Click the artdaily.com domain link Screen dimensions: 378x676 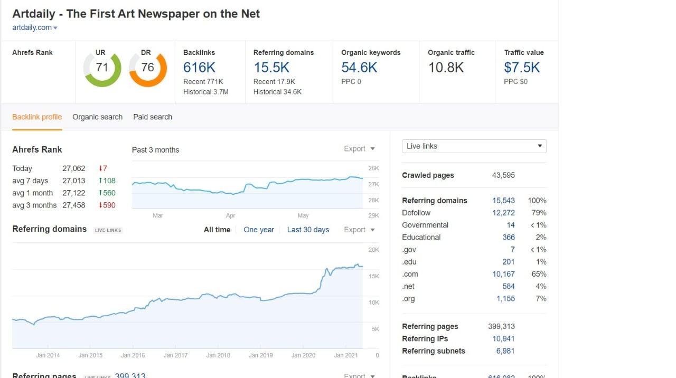click(32, 27)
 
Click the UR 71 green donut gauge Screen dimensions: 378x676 click(102, 68)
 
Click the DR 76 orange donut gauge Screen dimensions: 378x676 click(147, 68)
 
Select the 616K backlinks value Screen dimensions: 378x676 click(199, 68)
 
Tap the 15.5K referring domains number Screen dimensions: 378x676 click(271, 68)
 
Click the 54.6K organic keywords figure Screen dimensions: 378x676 click(359, 68)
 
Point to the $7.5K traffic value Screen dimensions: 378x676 click(522, 68)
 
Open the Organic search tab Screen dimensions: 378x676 click(97, 117)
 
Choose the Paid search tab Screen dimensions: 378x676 click(153, 117)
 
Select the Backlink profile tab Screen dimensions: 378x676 click(37, 117)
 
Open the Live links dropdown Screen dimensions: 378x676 click(474, 146)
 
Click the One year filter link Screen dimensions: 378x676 click(259, 230)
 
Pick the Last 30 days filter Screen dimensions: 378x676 click(308, 230)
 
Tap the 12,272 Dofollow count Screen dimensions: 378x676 click(503, 213)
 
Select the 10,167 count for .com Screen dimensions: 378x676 click(503, 274)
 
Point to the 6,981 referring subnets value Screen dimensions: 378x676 click(505, 351)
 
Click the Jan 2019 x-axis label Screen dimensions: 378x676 click(260, 355)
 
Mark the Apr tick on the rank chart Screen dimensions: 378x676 click(230, 215)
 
